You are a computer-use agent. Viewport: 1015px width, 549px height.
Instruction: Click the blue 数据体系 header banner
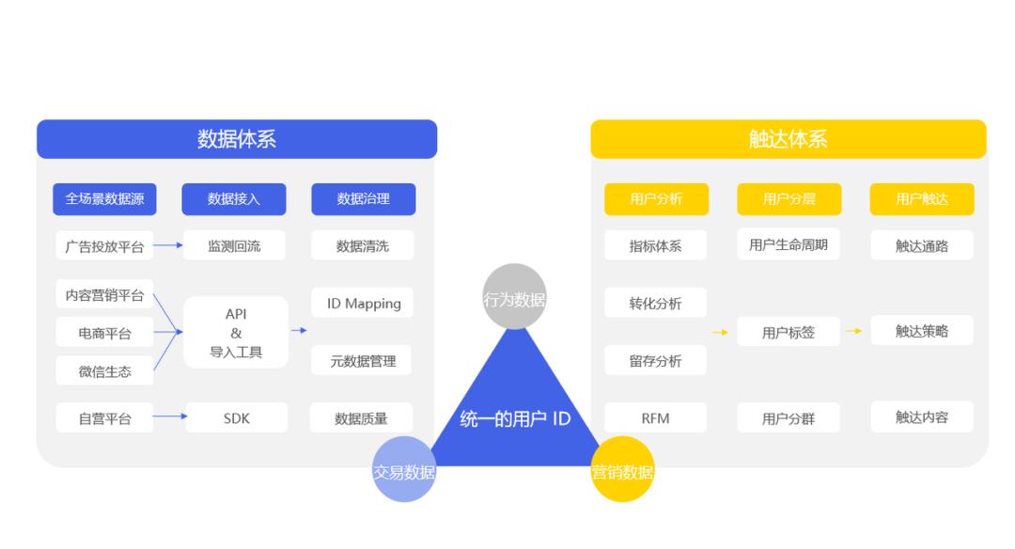[x=237, y=138]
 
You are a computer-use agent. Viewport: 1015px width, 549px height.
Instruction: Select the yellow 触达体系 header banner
[x=789, y=138]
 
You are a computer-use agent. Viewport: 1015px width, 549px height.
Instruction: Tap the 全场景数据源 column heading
[x=104, y=198]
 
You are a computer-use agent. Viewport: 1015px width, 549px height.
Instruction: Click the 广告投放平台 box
[x=104, y=246]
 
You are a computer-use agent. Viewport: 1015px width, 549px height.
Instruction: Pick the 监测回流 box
[x=234, y=245]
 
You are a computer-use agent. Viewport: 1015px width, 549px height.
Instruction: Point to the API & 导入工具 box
[x=236, y=332]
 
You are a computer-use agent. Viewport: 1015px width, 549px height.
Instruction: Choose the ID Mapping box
[x=363, y=303]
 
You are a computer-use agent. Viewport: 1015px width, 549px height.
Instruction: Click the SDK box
[x=236, y=418]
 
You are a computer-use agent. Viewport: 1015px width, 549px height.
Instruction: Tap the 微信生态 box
[x=104, y=371]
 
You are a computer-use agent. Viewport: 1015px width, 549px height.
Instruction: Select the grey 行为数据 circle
[x=515, y=296]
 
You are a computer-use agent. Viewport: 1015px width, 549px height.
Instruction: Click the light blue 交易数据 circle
[x=404, y=469]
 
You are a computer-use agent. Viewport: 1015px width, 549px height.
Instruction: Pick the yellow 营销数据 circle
[x=623, y=469]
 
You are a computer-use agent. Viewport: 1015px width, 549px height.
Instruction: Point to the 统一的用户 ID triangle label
[x=515, y=419]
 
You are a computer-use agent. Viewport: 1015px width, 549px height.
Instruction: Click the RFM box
[x=655, y=418]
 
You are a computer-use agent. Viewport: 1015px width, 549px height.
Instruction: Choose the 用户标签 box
[x=788, y=332]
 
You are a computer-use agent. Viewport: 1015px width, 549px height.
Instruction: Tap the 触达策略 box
[x=921, y=331]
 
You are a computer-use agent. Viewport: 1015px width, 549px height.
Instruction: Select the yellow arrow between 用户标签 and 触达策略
[x=853, y=331]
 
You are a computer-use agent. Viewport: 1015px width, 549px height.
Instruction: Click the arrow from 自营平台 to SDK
[x=170, y=416]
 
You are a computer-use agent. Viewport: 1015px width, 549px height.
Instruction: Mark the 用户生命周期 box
[x=788, y=244]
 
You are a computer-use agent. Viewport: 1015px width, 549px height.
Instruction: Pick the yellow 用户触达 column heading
[x=921, y=198]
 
